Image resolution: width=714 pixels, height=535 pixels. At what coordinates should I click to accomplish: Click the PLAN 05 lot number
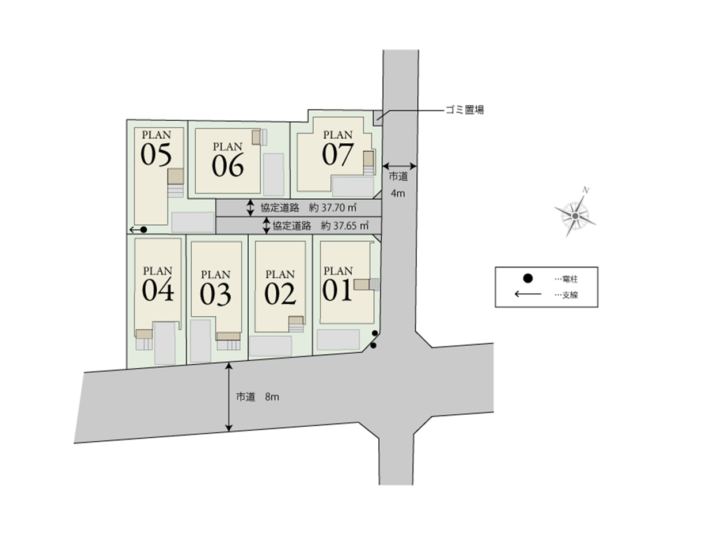click(156, 155)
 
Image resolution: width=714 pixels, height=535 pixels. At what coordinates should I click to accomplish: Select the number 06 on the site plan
click(227, 166)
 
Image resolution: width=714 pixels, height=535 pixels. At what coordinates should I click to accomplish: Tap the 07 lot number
click(337, 155)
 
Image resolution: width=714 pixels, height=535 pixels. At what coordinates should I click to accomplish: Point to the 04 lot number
click(158, 290)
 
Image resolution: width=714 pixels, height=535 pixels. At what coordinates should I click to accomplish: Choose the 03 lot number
click(215, 295)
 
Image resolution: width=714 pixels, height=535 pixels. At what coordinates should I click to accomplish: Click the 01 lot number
click(337, 290)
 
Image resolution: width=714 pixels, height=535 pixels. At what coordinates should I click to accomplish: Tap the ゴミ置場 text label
click(465, 110)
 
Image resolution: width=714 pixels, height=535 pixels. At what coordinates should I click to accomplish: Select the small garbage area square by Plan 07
click(378, 118)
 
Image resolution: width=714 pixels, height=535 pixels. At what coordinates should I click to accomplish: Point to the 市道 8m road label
click(257, 397)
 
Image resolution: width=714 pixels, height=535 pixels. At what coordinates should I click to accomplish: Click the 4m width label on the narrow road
click(398, 194)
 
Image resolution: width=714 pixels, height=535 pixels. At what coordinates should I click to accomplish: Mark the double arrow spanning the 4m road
click(400, 166)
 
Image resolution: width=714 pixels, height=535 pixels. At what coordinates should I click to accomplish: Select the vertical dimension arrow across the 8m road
click(229, 398)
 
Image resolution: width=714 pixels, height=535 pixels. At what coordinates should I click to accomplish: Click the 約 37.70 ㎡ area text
click(332, 208)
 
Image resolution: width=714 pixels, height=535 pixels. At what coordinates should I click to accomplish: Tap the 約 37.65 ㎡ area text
click(344, 226)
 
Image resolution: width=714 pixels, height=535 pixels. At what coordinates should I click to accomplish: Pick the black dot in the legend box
click(527, 278)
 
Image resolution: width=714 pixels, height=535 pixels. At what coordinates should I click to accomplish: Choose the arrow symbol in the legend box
click(528, 295)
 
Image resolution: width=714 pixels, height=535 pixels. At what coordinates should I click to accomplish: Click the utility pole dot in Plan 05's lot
click(143, 230)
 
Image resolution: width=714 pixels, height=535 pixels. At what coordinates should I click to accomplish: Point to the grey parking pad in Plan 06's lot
click(274, 174)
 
